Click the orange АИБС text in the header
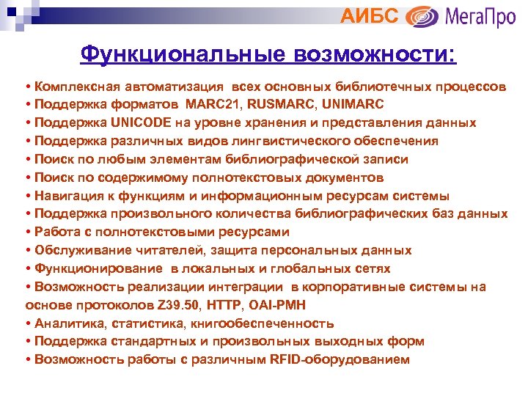tap(370, 15)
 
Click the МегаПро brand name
tap(481, 16)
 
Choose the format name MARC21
tap(213, 105)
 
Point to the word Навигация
tap(65, 196)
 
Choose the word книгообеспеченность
tap(271, 323)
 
